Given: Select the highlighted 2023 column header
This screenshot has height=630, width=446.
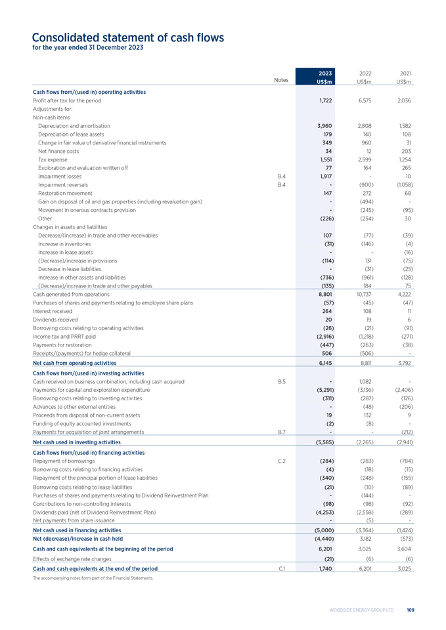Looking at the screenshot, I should (324, 77).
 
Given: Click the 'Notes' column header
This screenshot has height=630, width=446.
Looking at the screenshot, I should (281, 81).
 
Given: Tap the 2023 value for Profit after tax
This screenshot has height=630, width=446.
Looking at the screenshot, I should (324, 100).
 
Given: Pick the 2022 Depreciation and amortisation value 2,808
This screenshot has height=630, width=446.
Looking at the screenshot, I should (364, 125).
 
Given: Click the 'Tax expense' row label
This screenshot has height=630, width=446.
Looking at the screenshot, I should (53, 159).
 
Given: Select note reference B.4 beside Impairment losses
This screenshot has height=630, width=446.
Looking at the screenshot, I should (282, 177).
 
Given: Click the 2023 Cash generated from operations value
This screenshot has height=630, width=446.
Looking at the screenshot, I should (324, 295).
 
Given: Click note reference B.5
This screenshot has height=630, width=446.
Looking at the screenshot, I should (282, 381).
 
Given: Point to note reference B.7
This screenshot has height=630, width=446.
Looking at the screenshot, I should (282, 432).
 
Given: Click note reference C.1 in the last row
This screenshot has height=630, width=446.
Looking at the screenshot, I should (282, 568).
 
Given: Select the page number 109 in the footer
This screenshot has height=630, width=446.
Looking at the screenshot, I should (410, 610).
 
